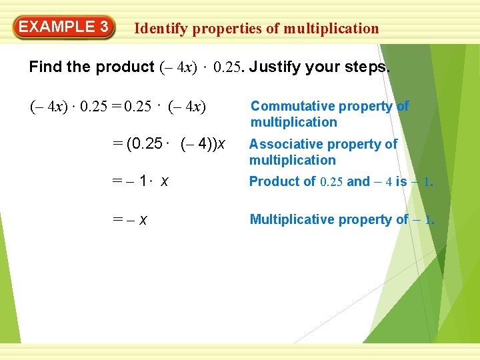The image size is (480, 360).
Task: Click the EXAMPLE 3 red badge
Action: (64, 28)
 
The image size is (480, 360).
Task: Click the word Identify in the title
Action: (160, 29)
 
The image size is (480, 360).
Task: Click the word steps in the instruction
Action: (367, 67)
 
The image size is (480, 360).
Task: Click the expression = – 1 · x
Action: (138, 182)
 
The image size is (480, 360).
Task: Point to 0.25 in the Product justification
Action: (332, 182)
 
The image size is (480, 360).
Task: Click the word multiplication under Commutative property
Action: (293, 122)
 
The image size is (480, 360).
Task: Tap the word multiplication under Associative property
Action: (292, 160)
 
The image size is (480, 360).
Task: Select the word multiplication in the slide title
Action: (331, 29)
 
